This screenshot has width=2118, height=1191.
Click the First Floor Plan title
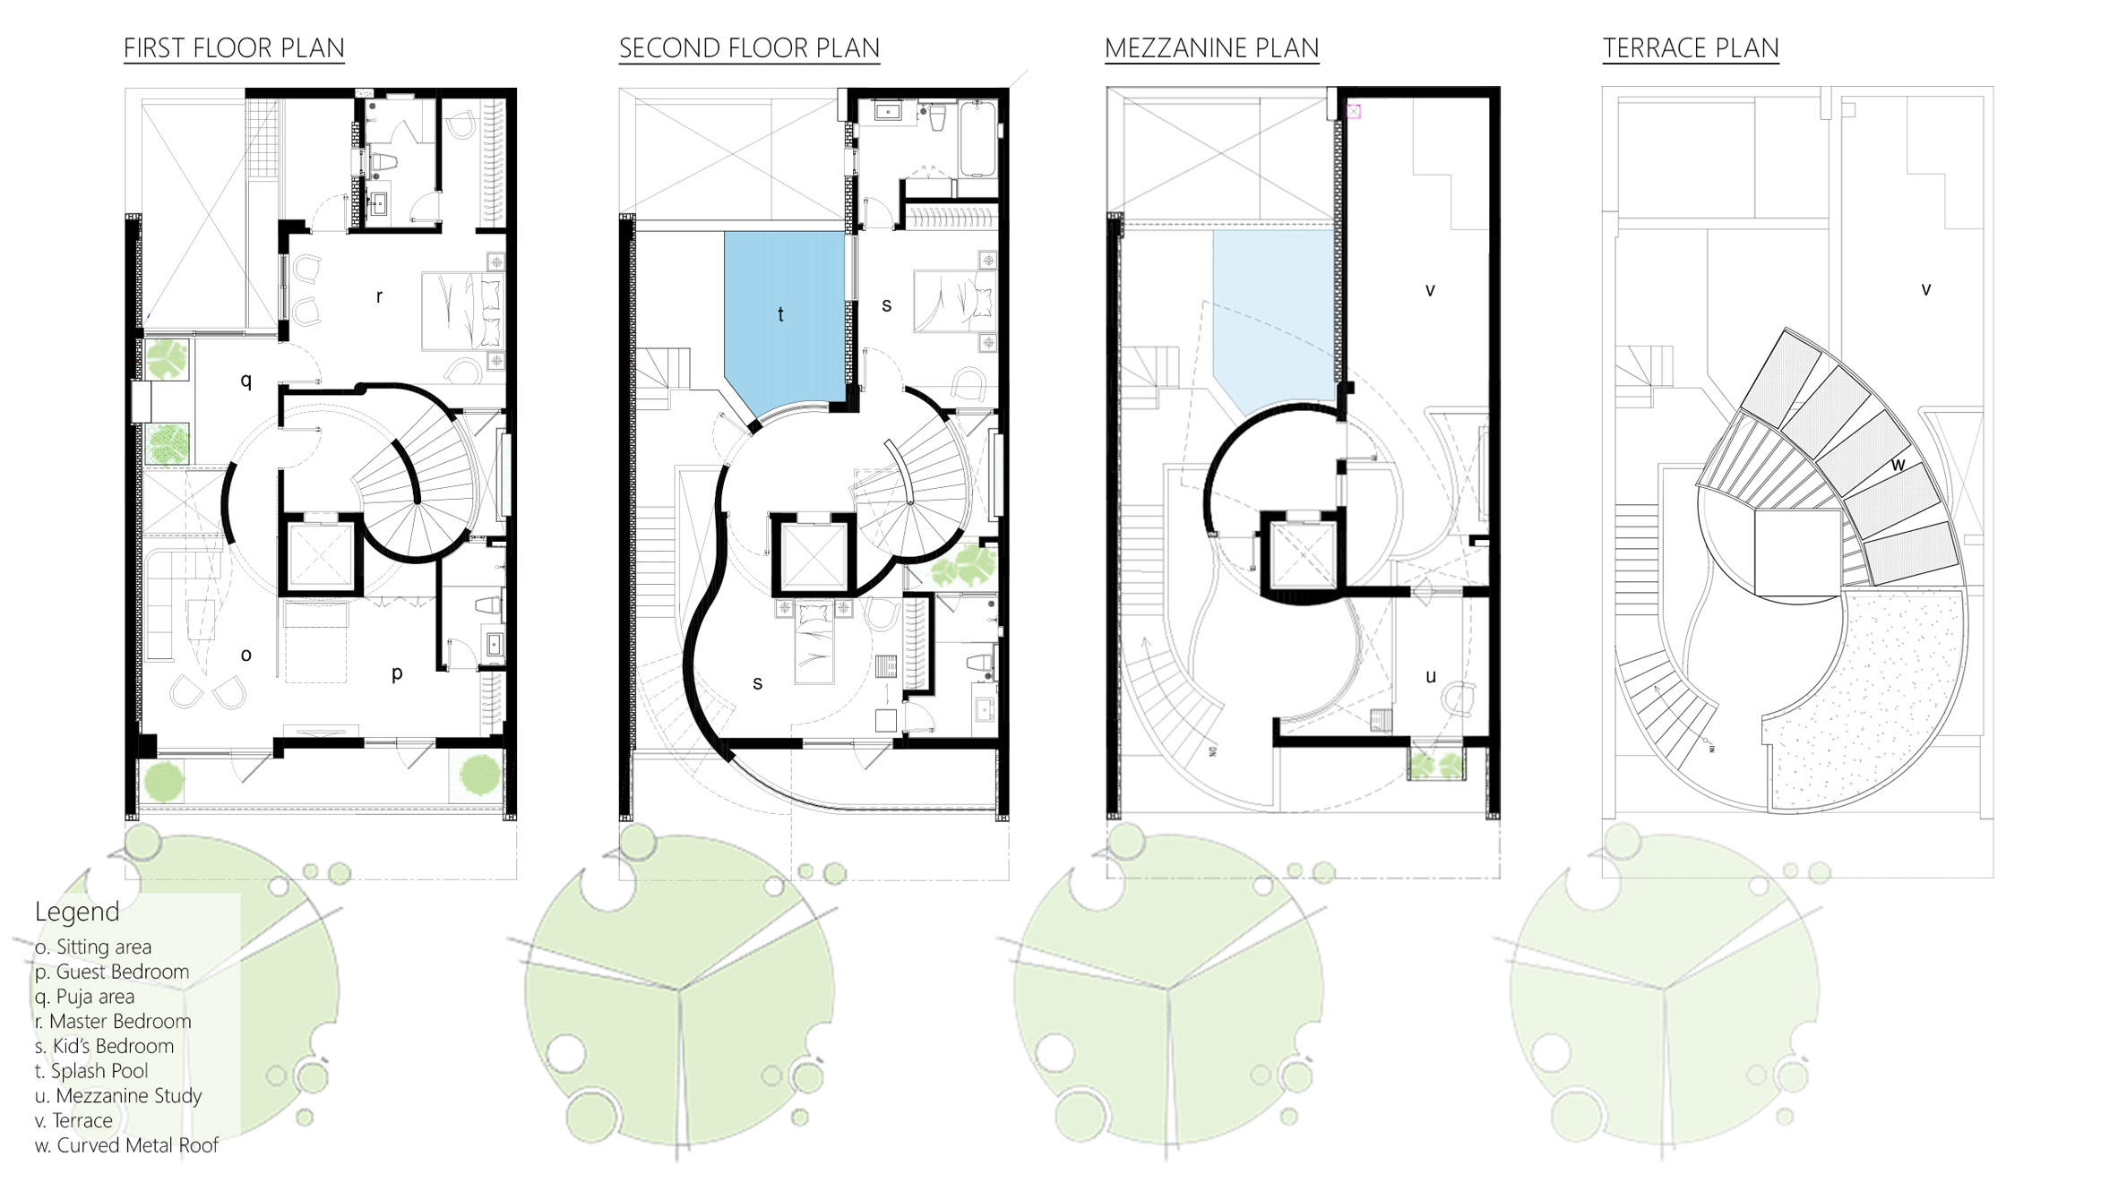234,48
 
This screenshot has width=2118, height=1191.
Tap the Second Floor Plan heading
749,48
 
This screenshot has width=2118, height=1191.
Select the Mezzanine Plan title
1211,48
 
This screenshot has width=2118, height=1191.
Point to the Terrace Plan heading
1691,48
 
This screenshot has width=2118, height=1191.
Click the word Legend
77,912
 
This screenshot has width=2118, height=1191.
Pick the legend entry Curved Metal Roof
126,1145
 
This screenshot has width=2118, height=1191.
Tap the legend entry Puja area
84,997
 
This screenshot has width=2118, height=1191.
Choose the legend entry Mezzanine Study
118,1096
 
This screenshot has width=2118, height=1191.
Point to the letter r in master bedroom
379,296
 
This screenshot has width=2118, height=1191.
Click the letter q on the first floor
246,381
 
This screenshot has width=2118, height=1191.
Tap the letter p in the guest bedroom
397,673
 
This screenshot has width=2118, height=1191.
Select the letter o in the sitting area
246,655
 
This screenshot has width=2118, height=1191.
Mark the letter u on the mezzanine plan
1430,676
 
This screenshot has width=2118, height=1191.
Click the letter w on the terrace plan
1898,465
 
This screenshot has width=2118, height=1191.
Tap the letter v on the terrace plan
1925,289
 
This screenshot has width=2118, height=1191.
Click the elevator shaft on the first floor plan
321,554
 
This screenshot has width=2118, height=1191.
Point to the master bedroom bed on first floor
462,312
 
